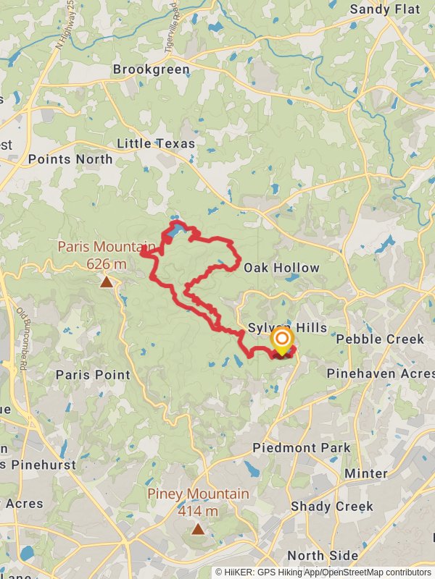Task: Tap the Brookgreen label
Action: point(151,70)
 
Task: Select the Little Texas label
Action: point(156,143)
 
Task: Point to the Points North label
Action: point(70,159)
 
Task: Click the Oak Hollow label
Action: point(281,268)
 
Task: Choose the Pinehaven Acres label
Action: point(380,373)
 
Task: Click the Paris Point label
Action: point(93,375)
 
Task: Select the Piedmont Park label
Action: point(301,448)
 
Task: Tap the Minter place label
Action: point(366,473)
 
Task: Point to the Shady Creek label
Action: point(332,506)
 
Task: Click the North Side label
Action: point(323,556)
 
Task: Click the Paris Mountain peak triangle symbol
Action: point(107,282)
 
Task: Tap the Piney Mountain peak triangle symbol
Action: point(198,529)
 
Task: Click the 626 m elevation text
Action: point(107,263)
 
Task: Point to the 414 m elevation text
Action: point(198,511)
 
